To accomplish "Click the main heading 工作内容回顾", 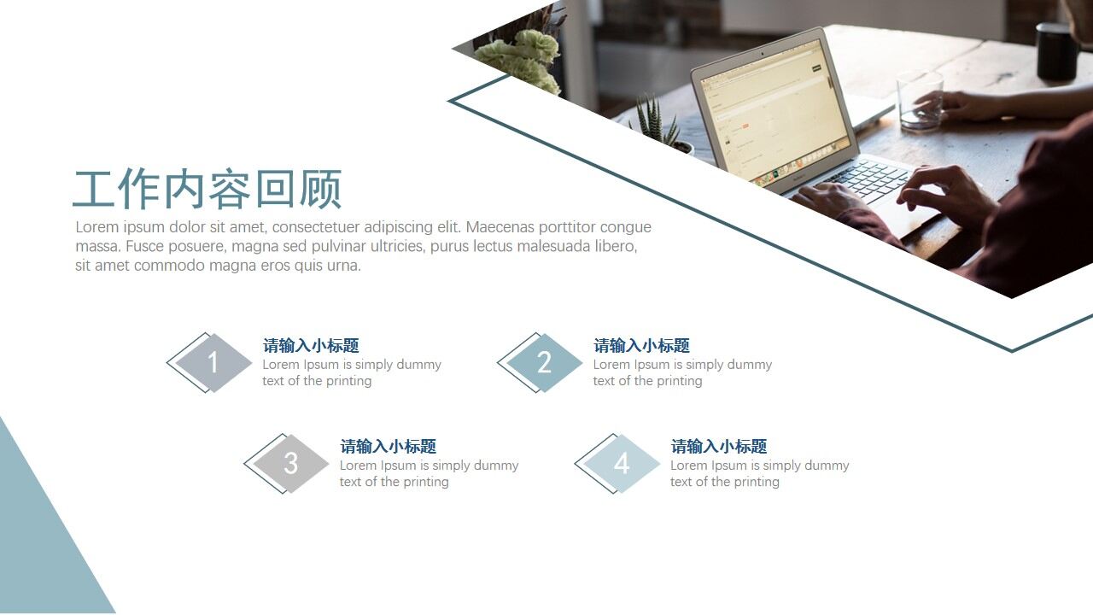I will tap(207, 190).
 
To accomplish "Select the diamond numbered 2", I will tap(544, 363).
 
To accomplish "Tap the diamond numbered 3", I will tap(291, 464).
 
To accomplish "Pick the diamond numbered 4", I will tap(622, 464).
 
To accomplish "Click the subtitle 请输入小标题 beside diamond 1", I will tap(311, 346).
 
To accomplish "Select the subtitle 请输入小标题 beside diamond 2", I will tap(641, 346).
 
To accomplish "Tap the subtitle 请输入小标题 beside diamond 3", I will tap(388, 447).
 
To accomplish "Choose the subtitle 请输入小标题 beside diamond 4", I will tap(718, 447).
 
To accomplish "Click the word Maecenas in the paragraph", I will tap(499, 227).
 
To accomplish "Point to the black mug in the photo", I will tap(1057, 51).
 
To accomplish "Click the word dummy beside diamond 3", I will tap(495, 466).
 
